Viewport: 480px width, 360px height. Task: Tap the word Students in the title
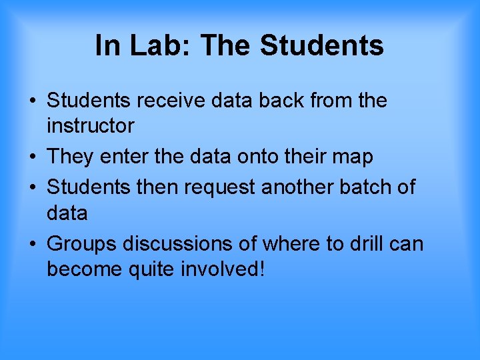pyautogui.click(x=321, y=46)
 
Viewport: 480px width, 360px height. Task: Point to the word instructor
pyautogui.click(x=91, y=125)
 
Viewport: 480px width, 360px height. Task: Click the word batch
pyautogui.click(x=367, y=187)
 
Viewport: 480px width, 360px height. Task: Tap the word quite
pyautogui.click(x=153, y=269)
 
